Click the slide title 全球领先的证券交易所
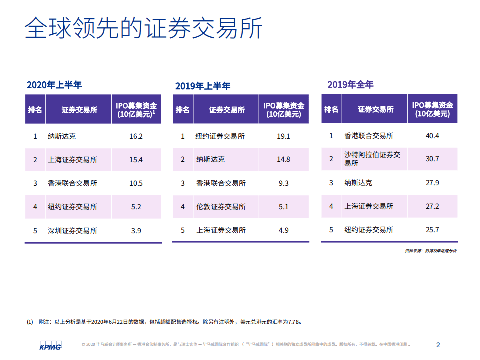point(144,28)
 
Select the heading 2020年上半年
point(54,85)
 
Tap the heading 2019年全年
point(350,85)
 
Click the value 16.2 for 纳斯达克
point(136,136)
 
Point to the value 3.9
point(136,231)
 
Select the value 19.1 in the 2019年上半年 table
point(284,136)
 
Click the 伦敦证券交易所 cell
point(220,207)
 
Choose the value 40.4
point(432,136)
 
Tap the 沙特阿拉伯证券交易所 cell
point(372,159)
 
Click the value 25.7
point(432,230)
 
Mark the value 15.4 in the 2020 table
point(136,160)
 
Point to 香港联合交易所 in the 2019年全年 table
point(369,136)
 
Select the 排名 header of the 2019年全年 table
point(331,109)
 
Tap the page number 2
point(438,345)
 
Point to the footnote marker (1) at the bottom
point(30,322)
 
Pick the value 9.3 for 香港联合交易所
point(284,183)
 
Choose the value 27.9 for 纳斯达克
point(432,183)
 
